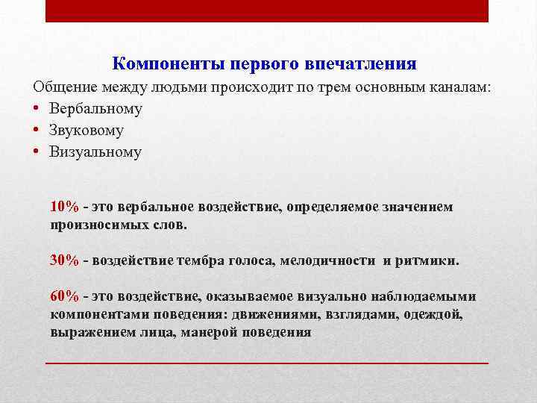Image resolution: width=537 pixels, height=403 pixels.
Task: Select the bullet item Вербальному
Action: [x=96, y=108]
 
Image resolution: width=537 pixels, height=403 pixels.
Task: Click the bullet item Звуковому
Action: [x=87, y=130]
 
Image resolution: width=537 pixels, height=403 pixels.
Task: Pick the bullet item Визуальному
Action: [x=95, y=151]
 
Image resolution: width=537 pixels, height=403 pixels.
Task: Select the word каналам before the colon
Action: [x=461, y=87]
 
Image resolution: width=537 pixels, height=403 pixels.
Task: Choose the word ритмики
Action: [x=431, y=260]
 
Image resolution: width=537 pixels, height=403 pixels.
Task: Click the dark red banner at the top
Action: [x=267, y=10]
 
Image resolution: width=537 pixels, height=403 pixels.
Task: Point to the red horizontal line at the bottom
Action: [x=267, y=362]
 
